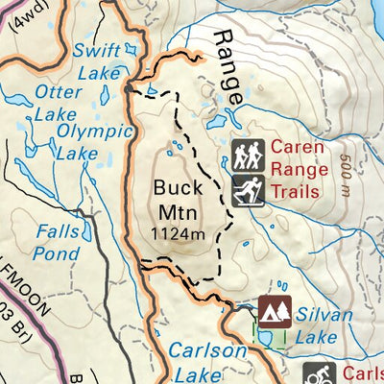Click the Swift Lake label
pos(97,60)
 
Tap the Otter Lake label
pos(58,102)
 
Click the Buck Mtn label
pos(178,200)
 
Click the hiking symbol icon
pos(247,155)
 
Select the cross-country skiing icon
pos(247,189)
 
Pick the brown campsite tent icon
pos(275,311)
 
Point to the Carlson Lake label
pos(206,363)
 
